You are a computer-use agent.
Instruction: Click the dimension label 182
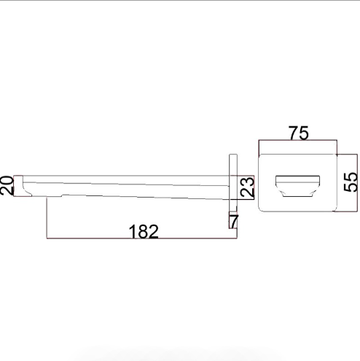144,231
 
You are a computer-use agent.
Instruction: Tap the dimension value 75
299,133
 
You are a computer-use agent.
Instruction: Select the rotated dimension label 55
351,182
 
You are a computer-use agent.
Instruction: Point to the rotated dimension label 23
247,187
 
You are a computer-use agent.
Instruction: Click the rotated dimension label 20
7,185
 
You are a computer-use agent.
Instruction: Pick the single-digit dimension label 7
234,221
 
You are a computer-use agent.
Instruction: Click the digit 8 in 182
143,231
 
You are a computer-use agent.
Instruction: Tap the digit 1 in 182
133,231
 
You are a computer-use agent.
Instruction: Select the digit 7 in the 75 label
293,133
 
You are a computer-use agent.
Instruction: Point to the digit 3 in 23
247,182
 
